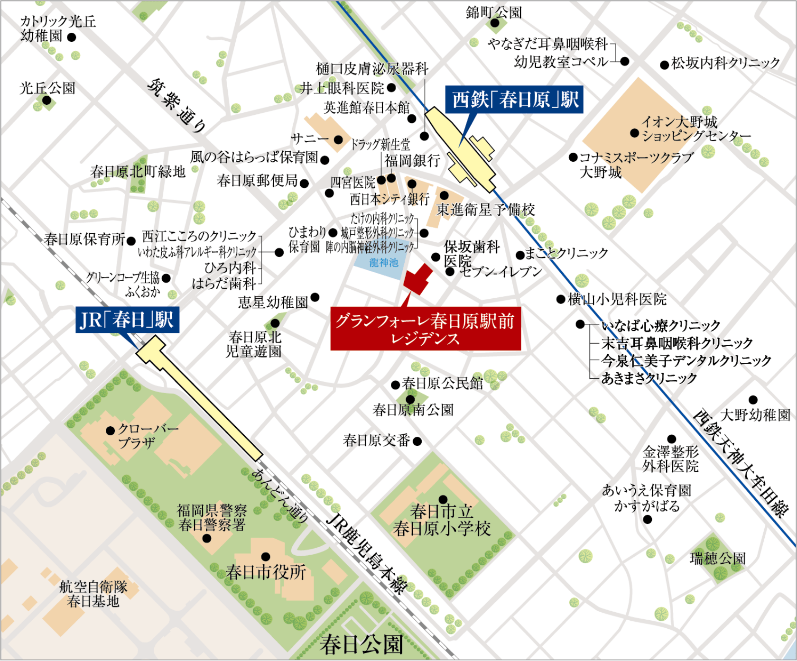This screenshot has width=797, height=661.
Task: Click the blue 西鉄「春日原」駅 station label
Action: point(514,100)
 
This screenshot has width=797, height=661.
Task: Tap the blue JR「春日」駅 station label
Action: point(127,320)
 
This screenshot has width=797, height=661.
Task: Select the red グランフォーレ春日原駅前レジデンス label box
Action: point(426,329)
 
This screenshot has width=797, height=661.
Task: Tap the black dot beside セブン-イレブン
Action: point(450,272)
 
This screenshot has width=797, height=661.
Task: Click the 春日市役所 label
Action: point(266,572)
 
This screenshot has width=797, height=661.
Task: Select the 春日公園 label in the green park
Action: point(361,645)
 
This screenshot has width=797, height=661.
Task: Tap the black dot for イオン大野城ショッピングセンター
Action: point(634,133)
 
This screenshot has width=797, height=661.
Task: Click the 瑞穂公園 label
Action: point(718,559)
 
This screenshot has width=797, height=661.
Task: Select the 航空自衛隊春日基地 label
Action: point(93,594)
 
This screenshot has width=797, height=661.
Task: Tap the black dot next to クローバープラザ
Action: point(111,431)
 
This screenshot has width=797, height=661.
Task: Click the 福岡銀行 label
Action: point(412,161)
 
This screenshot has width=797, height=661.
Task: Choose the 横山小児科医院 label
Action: point(617,299)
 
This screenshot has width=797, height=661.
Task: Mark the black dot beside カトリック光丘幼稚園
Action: point(72,37)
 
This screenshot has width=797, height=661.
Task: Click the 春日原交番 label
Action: point(376,441)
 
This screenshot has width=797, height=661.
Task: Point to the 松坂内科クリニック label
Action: point(725,63)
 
